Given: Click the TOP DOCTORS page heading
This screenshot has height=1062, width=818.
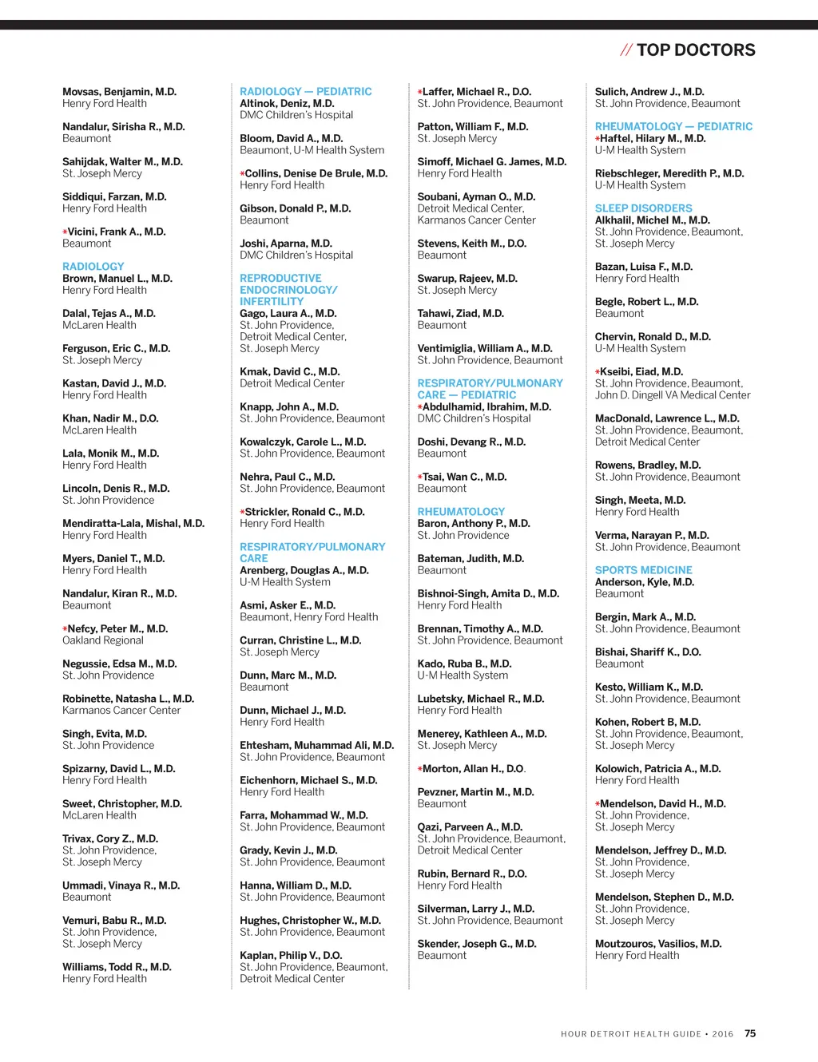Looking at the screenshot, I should pos(695,50).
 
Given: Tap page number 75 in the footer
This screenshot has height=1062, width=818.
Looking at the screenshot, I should pos(750,1033).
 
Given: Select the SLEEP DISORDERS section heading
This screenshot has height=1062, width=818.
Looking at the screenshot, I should pos(643,208).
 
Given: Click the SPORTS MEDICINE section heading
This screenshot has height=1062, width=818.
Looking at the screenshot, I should pos(643,570).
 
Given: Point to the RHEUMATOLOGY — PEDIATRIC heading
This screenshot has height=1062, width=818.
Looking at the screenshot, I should pos(673,126).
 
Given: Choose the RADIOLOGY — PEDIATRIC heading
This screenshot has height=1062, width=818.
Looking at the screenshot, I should pos(306,92).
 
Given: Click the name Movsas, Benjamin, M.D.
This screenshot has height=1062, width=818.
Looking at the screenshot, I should pos(120,92).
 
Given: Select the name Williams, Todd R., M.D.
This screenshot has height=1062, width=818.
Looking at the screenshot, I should pos(117,967).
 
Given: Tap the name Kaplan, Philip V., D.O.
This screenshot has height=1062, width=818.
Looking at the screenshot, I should pos(291,955).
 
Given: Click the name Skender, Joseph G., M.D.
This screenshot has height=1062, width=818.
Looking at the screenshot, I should pos(476,944).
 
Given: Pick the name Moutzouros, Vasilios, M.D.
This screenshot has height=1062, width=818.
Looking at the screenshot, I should pos(658,944).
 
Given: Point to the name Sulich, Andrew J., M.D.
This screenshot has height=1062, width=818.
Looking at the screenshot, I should pos(649,92).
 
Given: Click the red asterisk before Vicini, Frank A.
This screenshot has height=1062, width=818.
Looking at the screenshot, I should pos(65,232).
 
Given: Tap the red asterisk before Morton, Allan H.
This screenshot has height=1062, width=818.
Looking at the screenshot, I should pos(419,769).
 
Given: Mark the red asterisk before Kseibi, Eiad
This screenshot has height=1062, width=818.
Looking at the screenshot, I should pos(598,372).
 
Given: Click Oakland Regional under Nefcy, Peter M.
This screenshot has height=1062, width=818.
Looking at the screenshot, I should pos(103,640).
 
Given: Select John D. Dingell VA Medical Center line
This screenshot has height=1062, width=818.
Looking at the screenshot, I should pos(673,395).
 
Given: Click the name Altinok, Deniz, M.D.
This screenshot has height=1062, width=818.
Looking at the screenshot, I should pos(287,103).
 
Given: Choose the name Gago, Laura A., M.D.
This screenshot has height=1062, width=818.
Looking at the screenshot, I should pos(288,314).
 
